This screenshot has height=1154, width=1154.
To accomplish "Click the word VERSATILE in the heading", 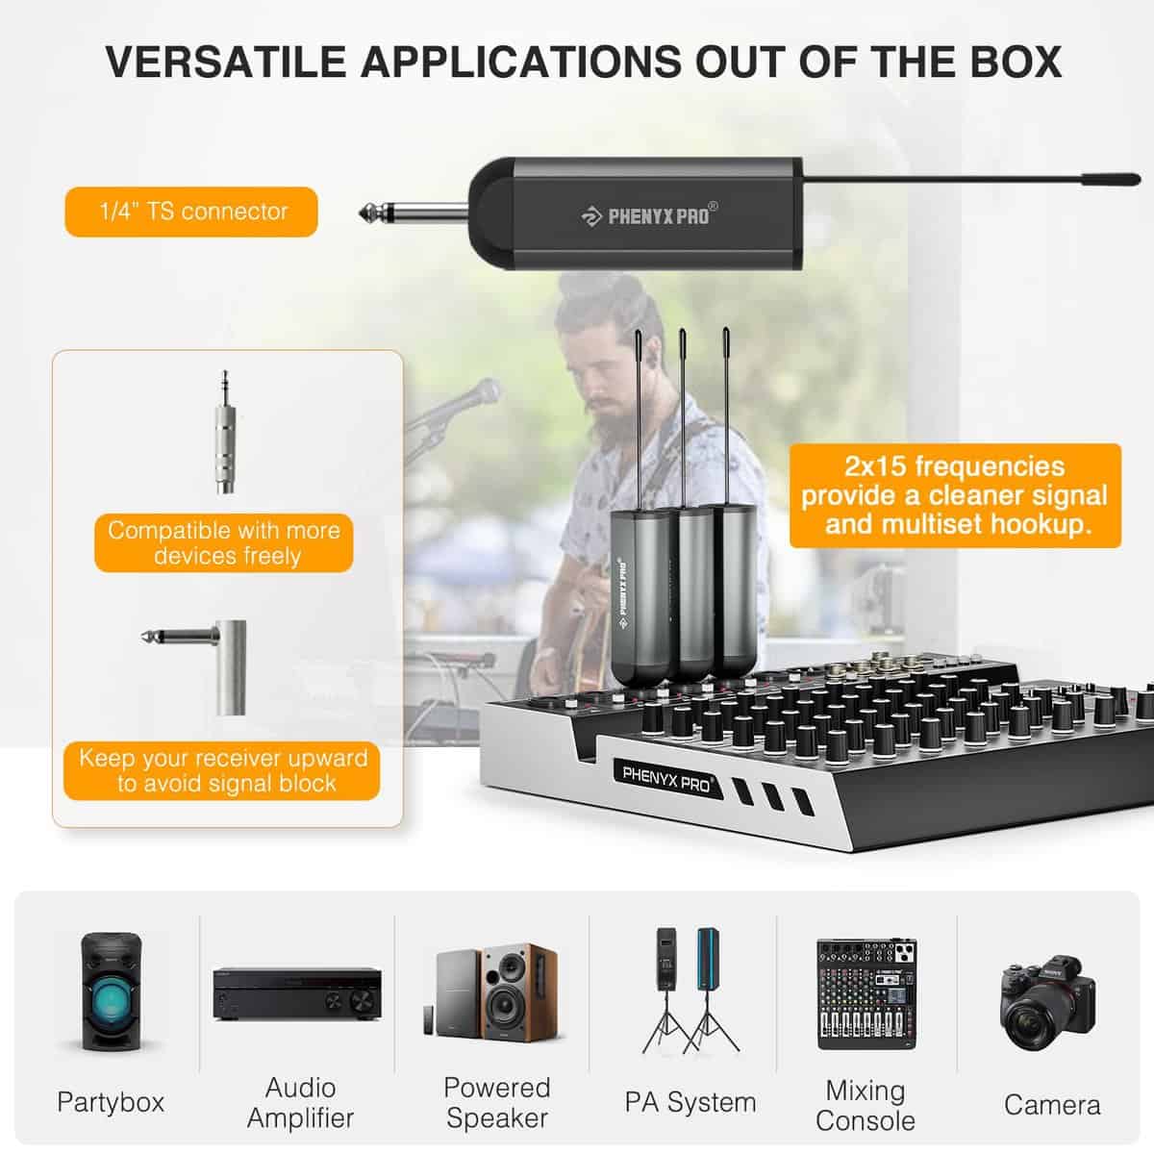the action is tap(226, 62).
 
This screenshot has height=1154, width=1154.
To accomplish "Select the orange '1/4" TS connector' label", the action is tap(191, 212).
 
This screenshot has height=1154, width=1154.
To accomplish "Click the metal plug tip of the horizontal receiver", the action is tap(366, 212).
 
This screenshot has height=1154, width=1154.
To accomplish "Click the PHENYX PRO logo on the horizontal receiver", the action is tap(649, 215).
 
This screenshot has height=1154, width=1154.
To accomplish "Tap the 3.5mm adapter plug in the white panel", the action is tap(225, 432).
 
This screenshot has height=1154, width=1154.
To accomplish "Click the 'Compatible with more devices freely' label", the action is tap(224, 542).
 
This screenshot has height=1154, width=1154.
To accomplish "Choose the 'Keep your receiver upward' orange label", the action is tap(221, 770).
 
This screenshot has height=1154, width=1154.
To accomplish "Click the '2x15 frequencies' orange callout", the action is tap(955, 495).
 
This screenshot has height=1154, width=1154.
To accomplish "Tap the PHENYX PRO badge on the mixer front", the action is tap(667, 780).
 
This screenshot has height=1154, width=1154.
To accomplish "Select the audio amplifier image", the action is tap(297, 993).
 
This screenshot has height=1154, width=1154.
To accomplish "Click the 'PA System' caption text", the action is tap(690, 1102).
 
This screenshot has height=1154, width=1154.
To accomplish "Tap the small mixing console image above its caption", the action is tap(866, 994).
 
